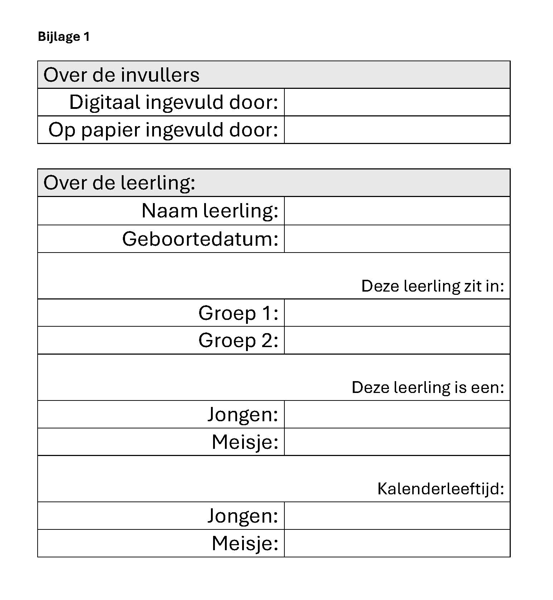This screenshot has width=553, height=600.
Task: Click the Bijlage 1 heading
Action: (x=63, y=37)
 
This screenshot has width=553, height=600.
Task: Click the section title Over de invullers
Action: (x=121, y=75)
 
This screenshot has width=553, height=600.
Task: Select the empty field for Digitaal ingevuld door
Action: (x=397, y=102)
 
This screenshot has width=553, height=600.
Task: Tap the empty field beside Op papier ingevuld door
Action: (x=397, y=130)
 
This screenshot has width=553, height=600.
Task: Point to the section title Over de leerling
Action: (x=119, y=183)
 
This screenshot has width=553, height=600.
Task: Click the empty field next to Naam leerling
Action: (x=397, y=211)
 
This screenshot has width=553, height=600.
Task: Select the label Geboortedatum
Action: (x=200, y=239)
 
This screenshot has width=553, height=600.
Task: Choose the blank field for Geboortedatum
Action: (x=397, y=239)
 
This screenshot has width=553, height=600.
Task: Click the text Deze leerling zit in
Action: (x=432, y=286)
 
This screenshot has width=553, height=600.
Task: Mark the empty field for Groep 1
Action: (x=397, y=313)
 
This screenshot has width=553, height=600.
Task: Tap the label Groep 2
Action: (x=238, y=340)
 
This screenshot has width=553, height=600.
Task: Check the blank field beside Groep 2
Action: (x=397, y=340)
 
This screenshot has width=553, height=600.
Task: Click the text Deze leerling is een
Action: (x=428, y=388)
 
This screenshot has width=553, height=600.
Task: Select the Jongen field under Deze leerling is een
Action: (x=397, y=414)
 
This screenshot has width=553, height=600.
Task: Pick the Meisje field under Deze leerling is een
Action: (x=397, y=442)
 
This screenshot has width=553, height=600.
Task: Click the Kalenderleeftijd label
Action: (x=441, y=489)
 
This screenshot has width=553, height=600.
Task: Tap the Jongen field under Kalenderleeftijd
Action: (x=397, y=516)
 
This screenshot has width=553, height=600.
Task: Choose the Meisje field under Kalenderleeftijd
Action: (x=397, y=543)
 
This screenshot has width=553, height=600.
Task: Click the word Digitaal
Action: (x=105, y=102)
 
